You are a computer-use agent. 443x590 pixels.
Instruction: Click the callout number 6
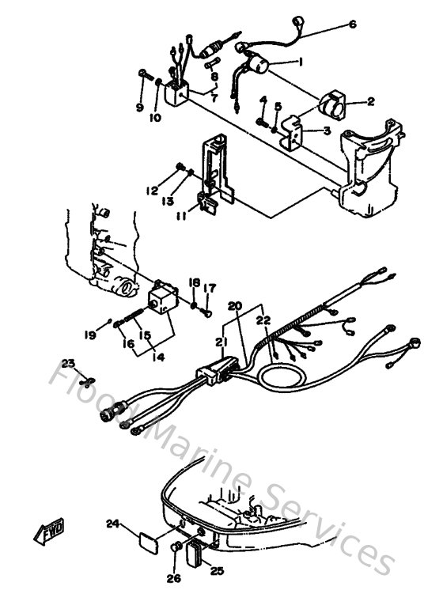(353, 25)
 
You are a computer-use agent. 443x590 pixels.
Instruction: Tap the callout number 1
(300, 62)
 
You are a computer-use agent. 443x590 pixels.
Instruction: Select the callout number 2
(369, 102)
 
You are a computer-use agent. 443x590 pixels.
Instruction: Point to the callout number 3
(327, 132)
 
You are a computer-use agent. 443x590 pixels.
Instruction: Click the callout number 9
(140, 107)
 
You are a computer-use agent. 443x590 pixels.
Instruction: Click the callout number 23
(69, 362)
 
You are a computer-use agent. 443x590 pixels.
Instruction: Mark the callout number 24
(112, 523)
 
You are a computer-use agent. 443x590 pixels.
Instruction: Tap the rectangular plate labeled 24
(147, 545)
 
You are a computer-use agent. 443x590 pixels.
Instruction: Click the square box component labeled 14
(164, 298)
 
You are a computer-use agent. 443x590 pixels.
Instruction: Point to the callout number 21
(218, 341)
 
